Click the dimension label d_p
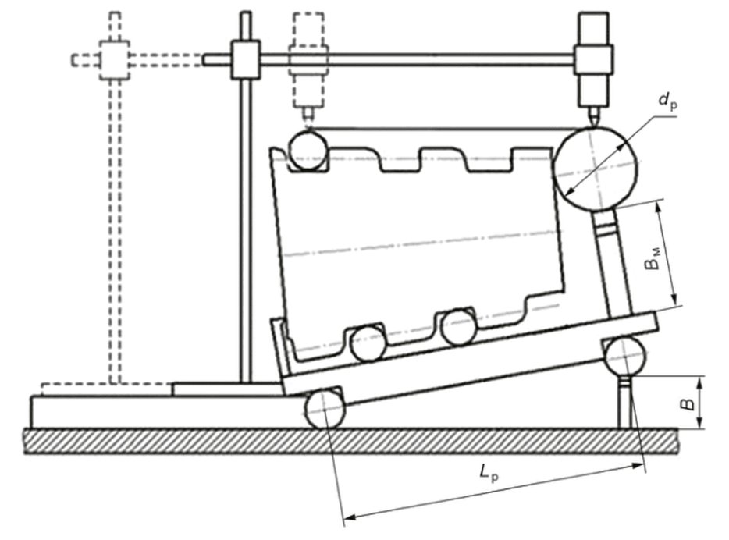[667, 101]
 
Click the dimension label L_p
[489, 474]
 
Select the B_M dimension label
[653, 259]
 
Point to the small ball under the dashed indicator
[308, 151]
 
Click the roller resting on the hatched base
[325, 410]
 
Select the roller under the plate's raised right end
[626, 357]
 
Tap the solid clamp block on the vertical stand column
[246, 59]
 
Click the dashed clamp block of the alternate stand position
[115, 60]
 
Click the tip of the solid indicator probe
[595, 126]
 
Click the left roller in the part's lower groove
[368, 343]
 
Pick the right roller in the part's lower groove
[458, 328]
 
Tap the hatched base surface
[351, 441]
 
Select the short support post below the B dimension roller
[625, 403]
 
